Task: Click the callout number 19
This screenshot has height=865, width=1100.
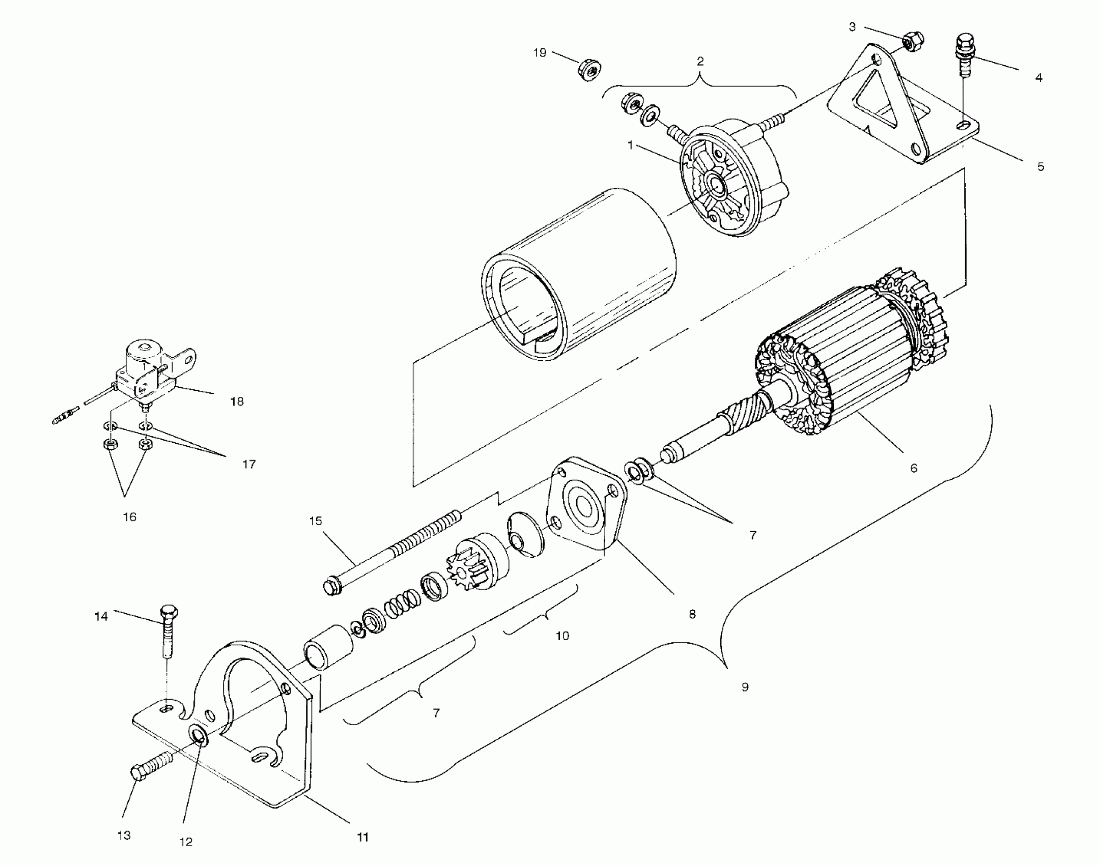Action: (540, 52)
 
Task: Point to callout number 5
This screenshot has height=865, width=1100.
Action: (1040, 166)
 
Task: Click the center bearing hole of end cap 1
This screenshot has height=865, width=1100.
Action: (718, 187)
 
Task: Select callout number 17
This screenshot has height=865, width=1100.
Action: (249, 464)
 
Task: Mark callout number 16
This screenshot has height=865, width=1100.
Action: (130, 517)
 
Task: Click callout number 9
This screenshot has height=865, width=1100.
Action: (745, 687)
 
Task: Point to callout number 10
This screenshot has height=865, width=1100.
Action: (562, 636)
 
